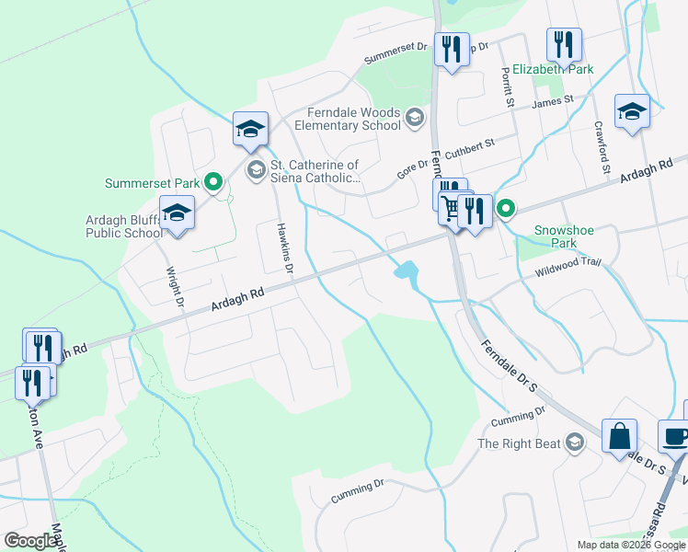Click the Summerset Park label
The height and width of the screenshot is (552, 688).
point(152,183)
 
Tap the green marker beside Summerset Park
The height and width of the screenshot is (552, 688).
point(214,182)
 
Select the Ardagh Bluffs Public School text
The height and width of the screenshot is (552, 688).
point(124,225)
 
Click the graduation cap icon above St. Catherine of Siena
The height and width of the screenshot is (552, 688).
point(250,130)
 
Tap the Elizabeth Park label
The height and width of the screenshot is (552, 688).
point(553,69)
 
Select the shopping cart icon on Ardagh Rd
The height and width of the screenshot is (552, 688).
point(450,208)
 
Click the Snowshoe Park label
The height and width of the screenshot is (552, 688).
point(556,237)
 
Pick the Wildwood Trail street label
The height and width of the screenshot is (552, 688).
point(568,263)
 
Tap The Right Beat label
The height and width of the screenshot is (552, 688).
point(519,443)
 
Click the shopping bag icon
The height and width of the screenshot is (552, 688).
point(620,436)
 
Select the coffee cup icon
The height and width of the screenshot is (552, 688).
point(674,436)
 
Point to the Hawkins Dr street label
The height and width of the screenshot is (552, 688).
point(285,248)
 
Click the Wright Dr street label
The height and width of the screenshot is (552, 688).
point(174,287)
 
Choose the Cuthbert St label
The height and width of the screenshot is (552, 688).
point(470,147)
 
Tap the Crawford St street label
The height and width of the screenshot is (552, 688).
point(602,147)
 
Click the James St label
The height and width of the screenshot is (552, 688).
point(555,99)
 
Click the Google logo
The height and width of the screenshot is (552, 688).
point(30,541)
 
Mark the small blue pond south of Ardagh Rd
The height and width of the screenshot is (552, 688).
point(405,271)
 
